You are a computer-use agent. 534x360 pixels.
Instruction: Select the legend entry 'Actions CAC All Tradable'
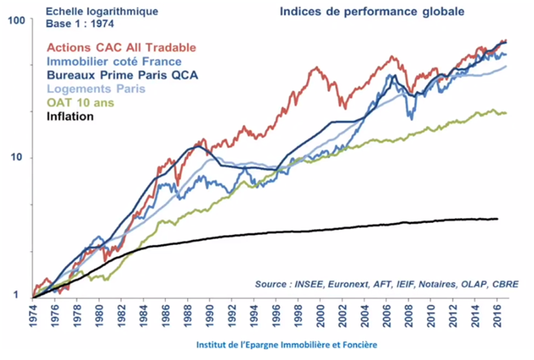(x=122, y=47)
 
